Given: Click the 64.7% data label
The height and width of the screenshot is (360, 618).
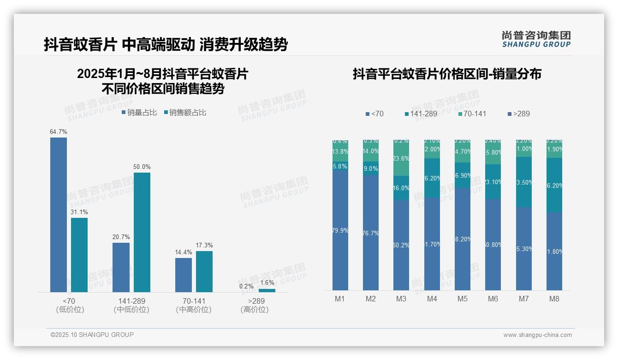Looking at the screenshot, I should (x=59, y=132).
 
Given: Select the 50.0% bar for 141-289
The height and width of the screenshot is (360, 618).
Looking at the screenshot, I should (x=142, y=232).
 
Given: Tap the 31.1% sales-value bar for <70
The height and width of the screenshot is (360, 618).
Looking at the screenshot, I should (x=79, y=255).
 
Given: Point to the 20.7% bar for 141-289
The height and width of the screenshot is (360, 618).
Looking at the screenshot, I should (x=121, y=267).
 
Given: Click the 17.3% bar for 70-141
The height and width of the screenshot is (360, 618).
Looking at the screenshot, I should (x=204, y=271).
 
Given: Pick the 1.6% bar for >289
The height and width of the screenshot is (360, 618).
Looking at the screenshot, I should (x=267, y=290).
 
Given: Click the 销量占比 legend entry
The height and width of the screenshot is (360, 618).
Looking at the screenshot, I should (x=139, y=113).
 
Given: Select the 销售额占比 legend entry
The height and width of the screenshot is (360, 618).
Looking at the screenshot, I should (x=185, y=113).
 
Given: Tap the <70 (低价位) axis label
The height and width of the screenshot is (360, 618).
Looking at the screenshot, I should (x=70, y=305).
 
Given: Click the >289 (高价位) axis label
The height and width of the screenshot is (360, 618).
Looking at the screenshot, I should (x=255, y=305).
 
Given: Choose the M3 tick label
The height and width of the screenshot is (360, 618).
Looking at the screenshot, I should (x=401, y=299).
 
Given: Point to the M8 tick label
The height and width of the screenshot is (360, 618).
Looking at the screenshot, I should (x=554, y=299).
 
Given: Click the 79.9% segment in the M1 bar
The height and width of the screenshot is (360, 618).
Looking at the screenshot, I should (x=340, y=230).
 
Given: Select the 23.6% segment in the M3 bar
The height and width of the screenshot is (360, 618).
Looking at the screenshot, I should (x=401, y=158).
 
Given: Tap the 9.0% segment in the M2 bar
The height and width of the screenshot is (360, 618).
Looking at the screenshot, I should (x=370, y=169).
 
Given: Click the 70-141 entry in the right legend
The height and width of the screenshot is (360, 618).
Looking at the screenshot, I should (x=472, y=114).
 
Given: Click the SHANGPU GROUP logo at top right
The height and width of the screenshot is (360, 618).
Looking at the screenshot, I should (x=536, y=39).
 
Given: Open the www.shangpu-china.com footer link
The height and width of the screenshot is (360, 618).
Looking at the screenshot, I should (x=537, y=335).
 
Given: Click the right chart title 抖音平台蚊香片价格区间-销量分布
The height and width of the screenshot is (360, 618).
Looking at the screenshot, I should (x=447, y=74).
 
